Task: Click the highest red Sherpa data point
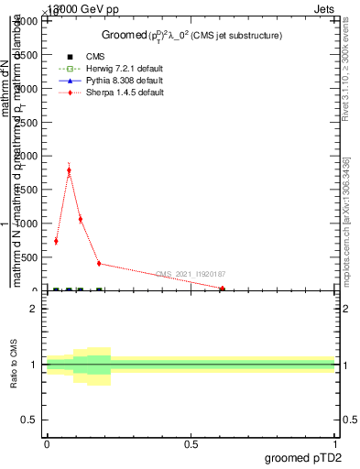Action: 69,170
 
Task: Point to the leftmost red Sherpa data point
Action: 56,241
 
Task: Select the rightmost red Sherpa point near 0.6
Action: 222,289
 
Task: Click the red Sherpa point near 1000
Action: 81,219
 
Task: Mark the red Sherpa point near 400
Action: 99,264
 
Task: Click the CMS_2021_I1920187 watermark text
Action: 190,274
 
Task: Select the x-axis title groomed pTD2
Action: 304,456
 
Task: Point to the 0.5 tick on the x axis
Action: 191,443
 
